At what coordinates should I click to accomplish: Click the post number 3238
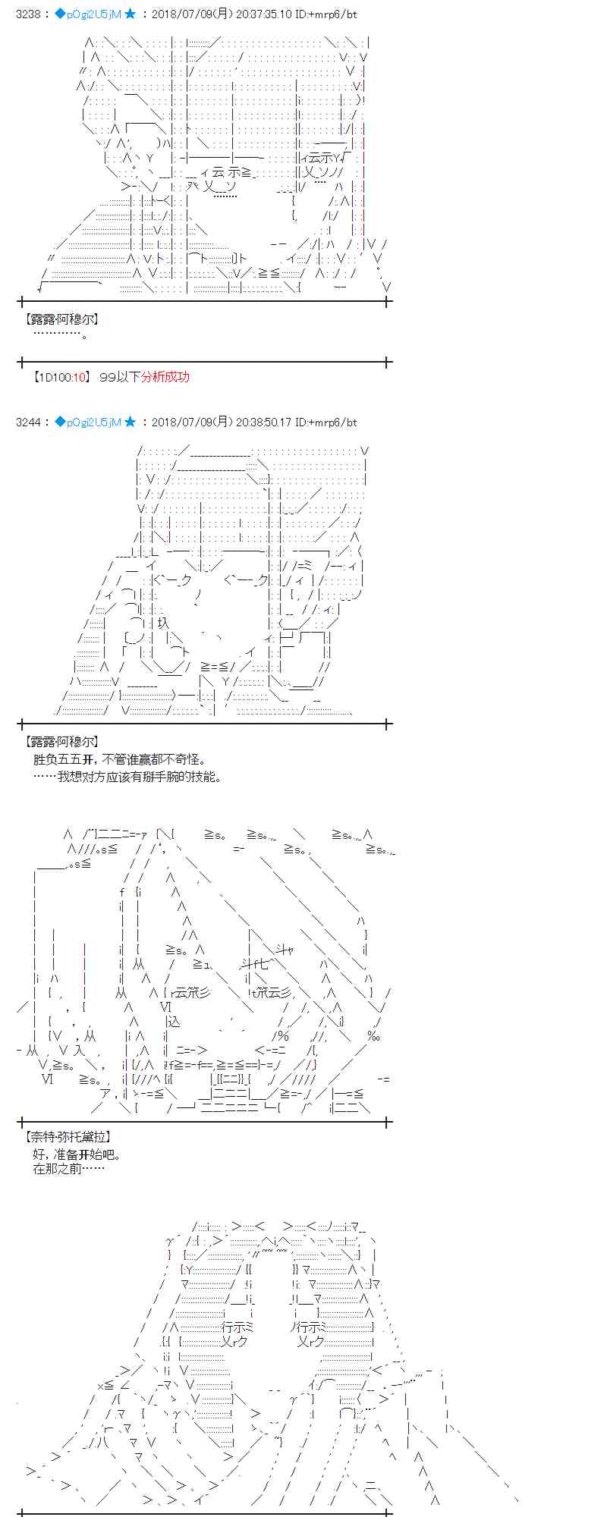(28, 14)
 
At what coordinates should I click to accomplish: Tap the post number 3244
(28, 422)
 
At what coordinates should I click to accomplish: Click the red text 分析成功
(165, 377)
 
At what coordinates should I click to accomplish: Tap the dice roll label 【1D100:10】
(62, 377)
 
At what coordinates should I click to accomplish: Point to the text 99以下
(120, 377)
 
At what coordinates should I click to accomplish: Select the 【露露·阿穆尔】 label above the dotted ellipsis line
(61, 320)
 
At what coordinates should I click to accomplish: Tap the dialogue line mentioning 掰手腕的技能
(127, 777)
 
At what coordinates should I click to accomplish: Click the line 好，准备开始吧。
(77, 1154)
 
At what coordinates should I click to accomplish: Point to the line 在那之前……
(68, 1169)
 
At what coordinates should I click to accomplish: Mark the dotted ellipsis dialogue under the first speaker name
(61, 335)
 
